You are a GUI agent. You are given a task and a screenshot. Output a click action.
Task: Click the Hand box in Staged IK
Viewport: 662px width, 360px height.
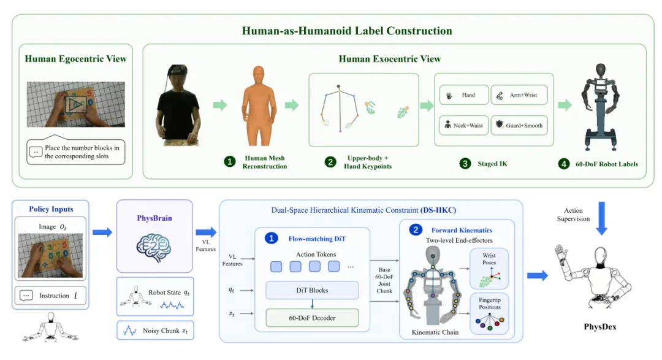[x=464, y=95]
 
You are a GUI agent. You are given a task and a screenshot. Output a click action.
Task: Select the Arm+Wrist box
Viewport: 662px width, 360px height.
[x=519, y=95]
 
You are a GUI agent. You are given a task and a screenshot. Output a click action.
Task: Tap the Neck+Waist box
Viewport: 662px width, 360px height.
[x=464, y=125]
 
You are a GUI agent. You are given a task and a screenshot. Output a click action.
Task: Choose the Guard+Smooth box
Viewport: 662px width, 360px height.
[x=519, y=125]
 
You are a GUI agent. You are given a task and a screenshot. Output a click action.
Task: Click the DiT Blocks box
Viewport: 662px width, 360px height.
[x=312, y=290]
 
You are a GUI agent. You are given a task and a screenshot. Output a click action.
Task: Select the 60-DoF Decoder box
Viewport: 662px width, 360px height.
[x=312, y=318]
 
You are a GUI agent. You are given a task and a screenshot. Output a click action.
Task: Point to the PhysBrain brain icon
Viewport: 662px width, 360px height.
[x=154, y=247]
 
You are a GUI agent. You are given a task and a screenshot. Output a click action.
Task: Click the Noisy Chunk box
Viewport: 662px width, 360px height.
[x=155, y=331]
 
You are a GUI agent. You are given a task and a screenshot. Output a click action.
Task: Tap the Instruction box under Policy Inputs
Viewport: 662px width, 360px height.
[x=50, y=296]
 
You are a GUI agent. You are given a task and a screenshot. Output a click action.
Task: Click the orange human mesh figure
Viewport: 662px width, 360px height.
[x=259, y=105]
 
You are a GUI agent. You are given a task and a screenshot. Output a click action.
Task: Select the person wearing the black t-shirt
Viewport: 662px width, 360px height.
[x=178, y=105]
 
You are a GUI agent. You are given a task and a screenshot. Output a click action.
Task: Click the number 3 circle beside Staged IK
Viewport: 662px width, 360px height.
[x=465, y=164]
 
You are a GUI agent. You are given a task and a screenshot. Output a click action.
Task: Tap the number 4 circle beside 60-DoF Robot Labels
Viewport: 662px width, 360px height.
[x=564, y=164]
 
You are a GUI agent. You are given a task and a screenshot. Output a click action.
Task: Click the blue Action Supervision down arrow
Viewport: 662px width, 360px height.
[x=602, y=218]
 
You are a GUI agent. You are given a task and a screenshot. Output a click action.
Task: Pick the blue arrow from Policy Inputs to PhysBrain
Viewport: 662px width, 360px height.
[x=102, y=232]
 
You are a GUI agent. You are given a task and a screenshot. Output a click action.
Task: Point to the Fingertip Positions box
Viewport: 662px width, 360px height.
[x=489, y=313]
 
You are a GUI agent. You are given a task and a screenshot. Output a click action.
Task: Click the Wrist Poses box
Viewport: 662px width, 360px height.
[x=489, y=269]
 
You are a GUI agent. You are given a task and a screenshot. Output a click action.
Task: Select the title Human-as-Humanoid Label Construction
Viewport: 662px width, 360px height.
[x=347, y=31]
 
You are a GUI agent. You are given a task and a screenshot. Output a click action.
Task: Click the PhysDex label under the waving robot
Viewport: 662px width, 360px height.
[x=600, y=327]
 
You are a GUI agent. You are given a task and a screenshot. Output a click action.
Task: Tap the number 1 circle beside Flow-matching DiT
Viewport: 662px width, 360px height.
[x=272, y=239]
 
